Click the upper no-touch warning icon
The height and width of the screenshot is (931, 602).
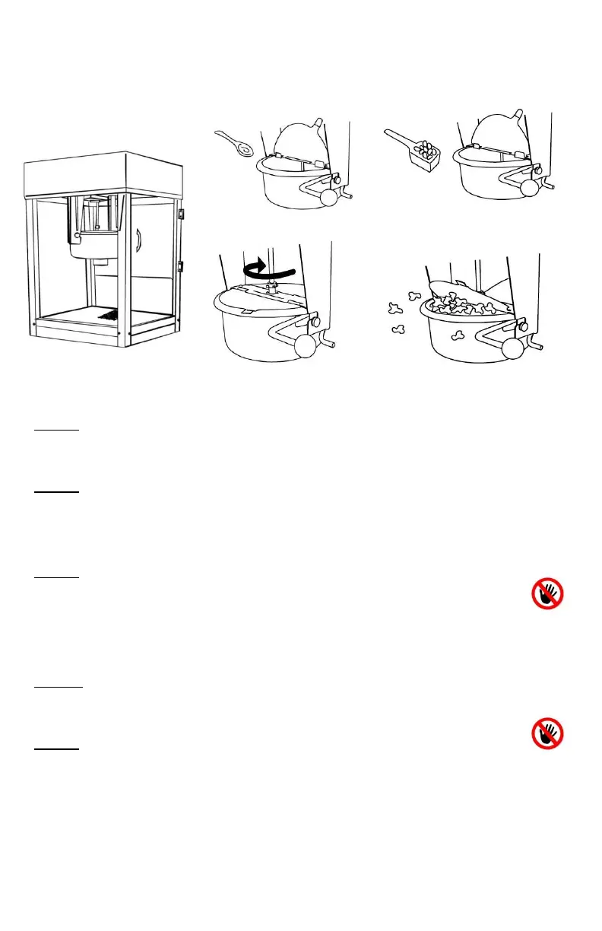[x=547, y=593]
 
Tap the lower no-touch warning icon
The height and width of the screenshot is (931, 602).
[x=547, y=734]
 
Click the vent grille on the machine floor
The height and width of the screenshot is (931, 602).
[x=111, y=314]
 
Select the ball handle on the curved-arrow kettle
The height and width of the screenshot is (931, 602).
[x=306, y=346]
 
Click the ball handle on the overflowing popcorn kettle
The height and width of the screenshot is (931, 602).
[x=512, y=348]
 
